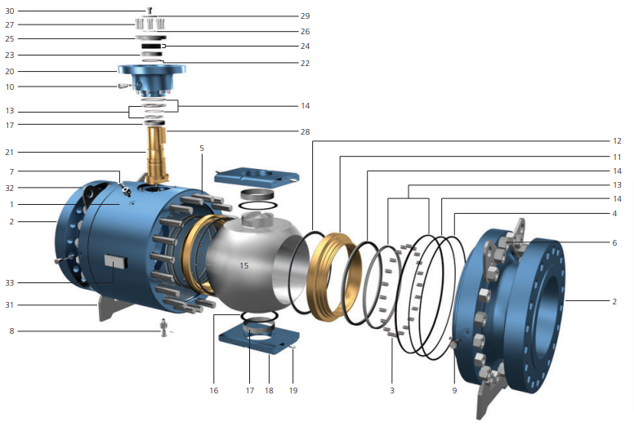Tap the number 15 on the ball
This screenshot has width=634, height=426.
243,266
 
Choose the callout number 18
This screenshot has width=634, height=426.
269,391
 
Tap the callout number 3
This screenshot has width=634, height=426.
392,391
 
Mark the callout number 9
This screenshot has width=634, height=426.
454,391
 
